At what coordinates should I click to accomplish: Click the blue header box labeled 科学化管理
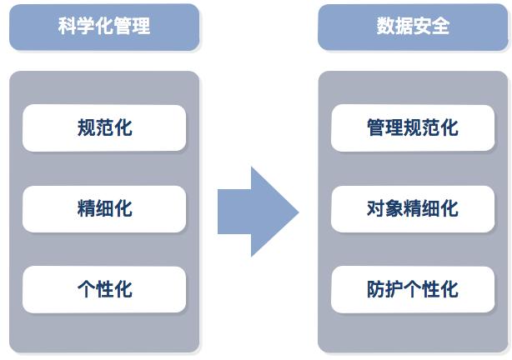tap(104, 27)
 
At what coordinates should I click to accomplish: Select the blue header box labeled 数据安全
tap(413, 27)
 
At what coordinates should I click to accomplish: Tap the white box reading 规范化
tap(104, 127)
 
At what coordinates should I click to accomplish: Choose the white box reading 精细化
tap(104, 208)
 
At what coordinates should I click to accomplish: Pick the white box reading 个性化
tap(104, 289)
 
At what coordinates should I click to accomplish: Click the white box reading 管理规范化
tap(413, 127)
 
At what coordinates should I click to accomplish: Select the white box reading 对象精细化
tap(413, 208)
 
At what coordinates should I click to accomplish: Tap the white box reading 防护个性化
tap(413, 289)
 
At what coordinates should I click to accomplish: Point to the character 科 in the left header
tap(68, 27)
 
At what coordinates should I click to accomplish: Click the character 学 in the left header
tap(86, 27)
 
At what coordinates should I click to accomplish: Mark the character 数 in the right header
tap(385, 27)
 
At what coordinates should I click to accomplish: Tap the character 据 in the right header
tap(404, 27)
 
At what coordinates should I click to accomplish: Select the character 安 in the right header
tap(422, 27)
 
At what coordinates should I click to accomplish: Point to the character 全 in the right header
tap(440, 27)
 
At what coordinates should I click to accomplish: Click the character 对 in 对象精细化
tap(376, 208)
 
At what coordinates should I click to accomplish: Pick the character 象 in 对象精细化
tap(394, 208)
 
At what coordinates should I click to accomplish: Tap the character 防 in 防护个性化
tap(376, 289)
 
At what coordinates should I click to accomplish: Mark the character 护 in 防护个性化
tap(394, 289)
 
